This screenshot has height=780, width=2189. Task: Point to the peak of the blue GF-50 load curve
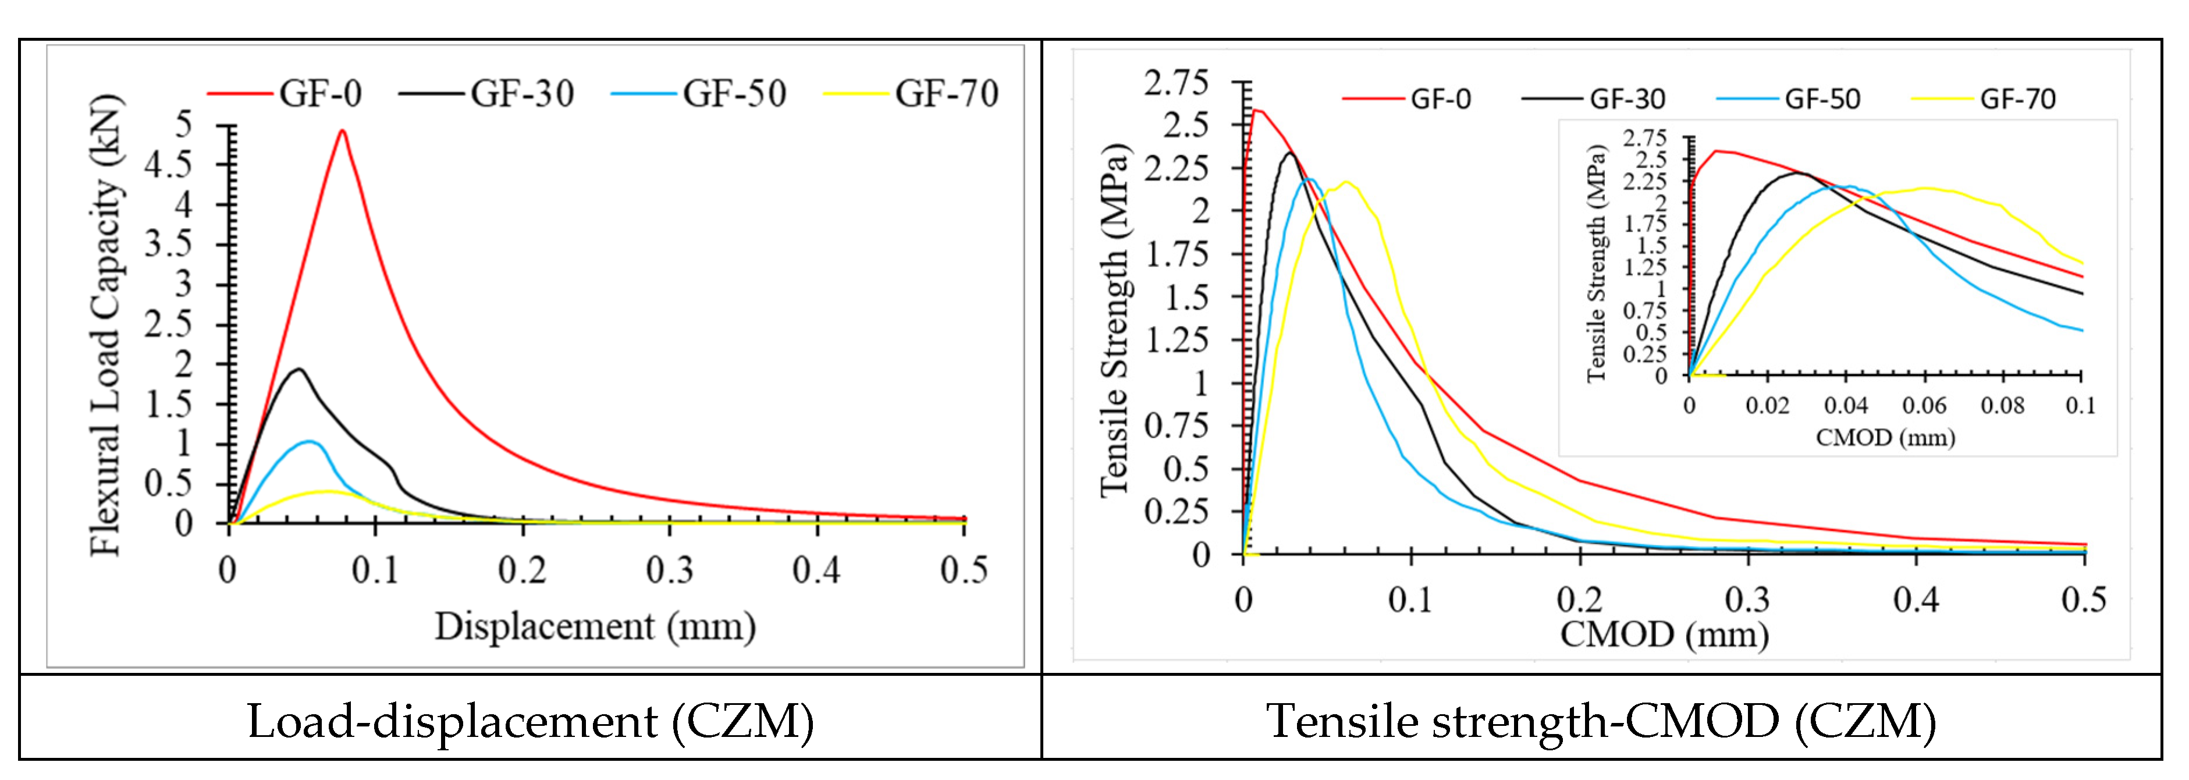310,441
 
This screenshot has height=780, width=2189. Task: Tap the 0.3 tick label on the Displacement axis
670,570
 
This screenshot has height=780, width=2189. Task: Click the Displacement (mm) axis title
595,627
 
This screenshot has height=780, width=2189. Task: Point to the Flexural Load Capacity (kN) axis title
107,325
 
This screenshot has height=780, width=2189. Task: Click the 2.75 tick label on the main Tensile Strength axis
1175,83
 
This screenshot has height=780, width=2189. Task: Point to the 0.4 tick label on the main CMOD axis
1916,600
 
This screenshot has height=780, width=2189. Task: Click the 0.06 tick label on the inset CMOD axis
1925,405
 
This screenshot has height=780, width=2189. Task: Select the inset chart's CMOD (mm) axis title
1886,438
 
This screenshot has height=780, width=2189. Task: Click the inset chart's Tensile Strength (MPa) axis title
1597,264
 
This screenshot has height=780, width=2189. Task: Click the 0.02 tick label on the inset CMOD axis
1768,405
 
